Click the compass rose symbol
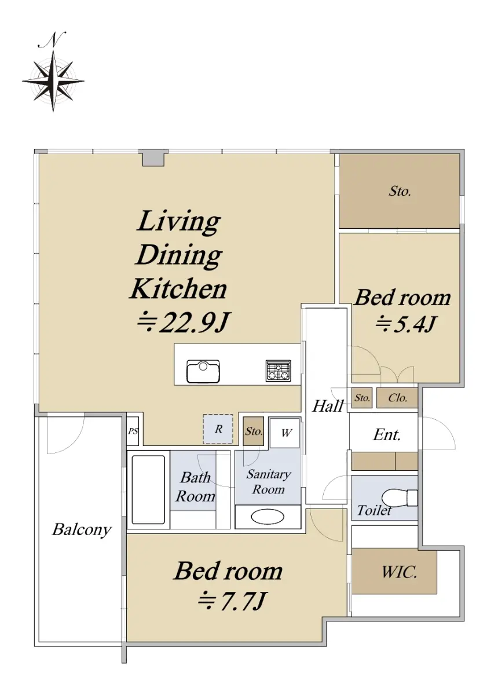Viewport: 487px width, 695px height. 53,81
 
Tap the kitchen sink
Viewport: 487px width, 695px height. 203,371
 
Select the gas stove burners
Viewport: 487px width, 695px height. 278,371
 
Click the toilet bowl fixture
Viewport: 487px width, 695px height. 400,498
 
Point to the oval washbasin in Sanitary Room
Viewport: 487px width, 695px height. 267,517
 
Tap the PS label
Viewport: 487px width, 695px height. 133,431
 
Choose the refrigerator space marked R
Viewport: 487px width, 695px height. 218,429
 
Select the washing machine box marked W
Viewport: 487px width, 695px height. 285,433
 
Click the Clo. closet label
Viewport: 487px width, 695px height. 397,398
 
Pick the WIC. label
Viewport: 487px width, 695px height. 398,572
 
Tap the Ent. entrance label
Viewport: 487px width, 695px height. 386,435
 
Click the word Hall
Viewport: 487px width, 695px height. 328,406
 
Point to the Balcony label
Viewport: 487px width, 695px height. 82,530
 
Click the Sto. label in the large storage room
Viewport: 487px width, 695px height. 400,191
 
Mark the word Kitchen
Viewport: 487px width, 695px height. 178,289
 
